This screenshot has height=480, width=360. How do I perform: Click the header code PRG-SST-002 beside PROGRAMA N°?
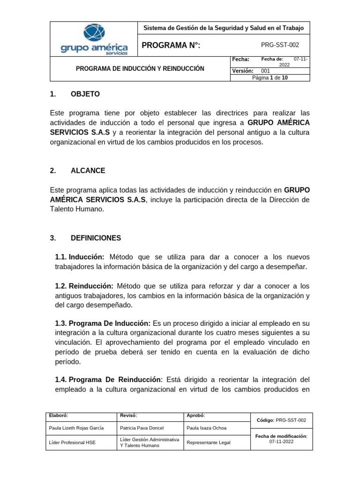[279, 45]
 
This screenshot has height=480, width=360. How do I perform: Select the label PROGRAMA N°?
[171, 45]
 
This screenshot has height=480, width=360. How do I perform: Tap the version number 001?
[265, 71]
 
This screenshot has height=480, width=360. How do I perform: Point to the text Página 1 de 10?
[270, 78]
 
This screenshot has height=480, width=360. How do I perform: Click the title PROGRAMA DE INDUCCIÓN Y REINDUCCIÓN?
[140, 68]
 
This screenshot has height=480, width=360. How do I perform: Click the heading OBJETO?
[85, 94]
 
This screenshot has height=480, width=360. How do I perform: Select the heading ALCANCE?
[88, 171]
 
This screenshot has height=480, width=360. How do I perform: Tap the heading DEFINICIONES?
[96, 238]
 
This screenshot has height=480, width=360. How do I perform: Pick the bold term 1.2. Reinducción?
[84, 286]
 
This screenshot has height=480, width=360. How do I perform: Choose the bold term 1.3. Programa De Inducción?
[102, 324]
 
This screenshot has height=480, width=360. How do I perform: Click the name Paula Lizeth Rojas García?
[76, 428]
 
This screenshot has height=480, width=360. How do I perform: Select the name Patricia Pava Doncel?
[142, 428]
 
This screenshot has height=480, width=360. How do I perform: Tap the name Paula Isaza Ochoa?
[207, 428]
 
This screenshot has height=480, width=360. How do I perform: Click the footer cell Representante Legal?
[209, 442]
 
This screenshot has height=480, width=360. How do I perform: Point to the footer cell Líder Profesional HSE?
[72, 442]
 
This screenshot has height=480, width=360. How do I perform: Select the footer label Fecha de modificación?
[281, 436]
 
